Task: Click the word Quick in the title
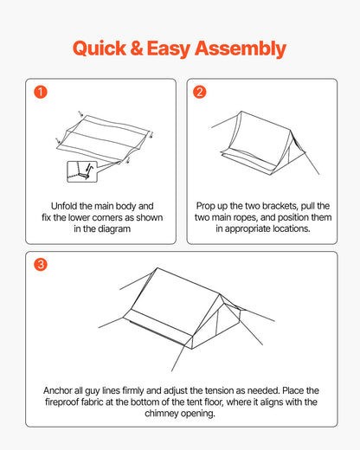(100, 48)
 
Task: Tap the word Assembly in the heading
(241, 49)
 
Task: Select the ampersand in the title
(137, 48)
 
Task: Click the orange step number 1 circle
(41, 92)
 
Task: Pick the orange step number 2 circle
(200, 92)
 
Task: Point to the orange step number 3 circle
(41, 264)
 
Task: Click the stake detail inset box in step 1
(82, 172)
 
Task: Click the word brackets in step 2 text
(280, 206)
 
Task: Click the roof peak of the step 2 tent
(241, 112)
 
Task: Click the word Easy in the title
(169, 49)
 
